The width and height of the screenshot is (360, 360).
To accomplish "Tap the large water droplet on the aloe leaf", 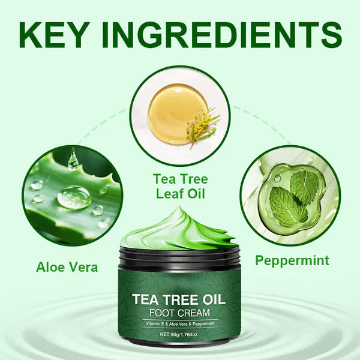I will tap(74, 196).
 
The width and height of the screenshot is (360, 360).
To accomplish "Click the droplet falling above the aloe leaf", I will tap(73, 159).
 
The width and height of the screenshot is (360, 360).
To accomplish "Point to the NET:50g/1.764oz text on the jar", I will tap(180, 333).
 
